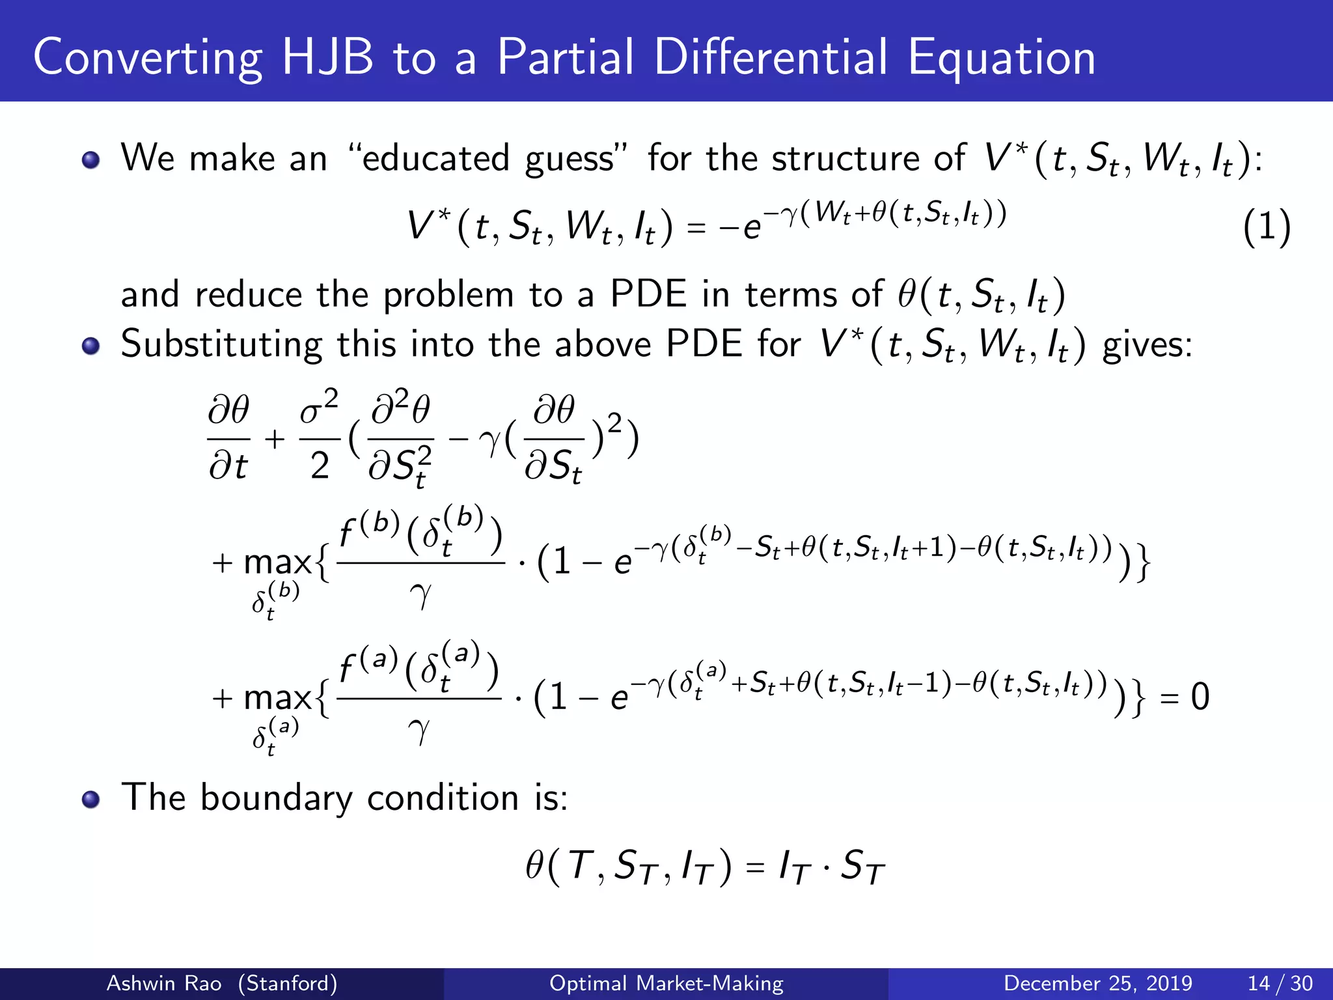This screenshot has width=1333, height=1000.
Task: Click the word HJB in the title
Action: coord(327,57)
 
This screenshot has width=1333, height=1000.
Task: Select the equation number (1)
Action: coord(1266,228)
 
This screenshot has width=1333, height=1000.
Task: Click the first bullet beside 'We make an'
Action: coord(90,160)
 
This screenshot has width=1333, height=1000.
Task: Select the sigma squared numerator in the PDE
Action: coord(319,409)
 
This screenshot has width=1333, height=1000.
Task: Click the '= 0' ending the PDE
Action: coord(1185,697)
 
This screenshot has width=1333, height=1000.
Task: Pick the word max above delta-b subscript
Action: coord(277,562)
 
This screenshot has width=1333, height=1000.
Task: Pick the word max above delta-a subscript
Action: coord(277,699)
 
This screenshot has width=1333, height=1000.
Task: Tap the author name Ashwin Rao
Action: coord(163,983)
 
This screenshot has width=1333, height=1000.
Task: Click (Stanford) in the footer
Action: coord(287,983)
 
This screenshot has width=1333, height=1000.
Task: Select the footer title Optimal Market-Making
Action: coord(666,983)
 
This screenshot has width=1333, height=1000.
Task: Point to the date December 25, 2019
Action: coord(1097,983)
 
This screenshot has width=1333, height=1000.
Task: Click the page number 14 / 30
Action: coord(1280,983)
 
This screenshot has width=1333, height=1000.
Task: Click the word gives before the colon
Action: coord(1144,344)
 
